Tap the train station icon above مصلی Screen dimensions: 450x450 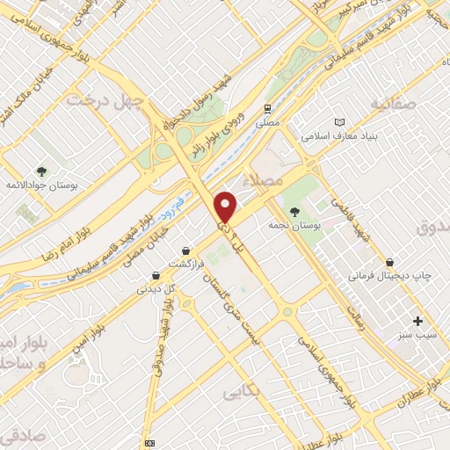266,108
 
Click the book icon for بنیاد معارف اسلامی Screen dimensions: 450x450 341,122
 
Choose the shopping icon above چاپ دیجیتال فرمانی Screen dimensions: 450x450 389,262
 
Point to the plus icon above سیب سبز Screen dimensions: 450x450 417,322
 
